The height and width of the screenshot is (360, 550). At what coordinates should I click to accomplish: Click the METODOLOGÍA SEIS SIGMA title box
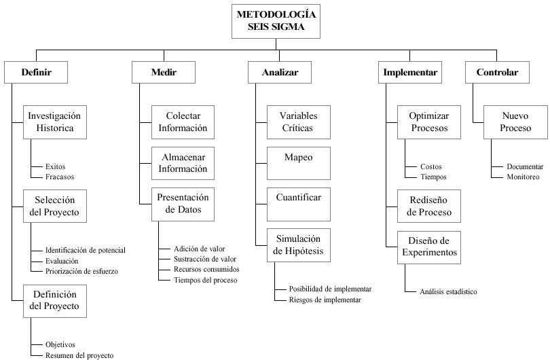[276, 21]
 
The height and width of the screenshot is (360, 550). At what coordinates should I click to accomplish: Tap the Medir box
[163, 72]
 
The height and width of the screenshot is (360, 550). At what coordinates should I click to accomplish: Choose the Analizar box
[280, 72]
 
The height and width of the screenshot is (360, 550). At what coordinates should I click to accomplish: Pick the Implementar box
[410, 72]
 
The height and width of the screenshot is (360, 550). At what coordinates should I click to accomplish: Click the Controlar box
[497, 72]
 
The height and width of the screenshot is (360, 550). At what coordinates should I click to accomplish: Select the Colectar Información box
[183, 122]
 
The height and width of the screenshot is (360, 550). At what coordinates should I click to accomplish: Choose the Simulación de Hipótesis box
[298, 245]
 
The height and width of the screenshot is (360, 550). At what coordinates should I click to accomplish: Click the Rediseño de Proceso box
[429, 206]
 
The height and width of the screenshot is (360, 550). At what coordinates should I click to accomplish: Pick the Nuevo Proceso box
[516, 122]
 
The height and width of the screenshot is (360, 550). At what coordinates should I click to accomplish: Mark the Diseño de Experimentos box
[429, 247]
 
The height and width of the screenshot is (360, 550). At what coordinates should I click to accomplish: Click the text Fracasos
[60, 177]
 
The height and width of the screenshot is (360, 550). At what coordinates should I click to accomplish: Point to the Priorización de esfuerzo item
[81, 271]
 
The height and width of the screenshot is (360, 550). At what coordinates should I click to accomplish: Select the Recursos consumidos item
[206, 269]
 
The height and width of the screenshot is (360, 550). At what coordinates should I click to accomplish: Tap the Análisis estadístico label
[448, 292]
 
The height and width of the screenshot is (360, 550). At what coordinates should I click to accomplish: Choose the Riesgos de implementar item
[325, 300]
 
